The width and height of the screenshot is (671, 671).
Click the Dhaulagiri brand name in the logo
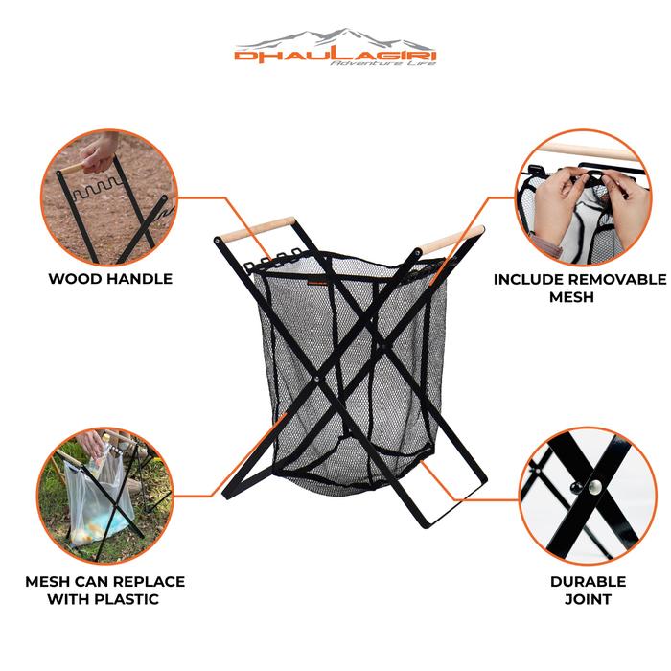335,56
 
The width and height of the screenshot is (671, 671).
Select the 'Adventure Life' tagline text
383,63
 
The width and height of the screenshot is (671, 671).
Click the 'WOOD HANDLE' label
110,279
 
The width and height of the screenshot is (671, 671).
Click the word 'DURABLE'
588,582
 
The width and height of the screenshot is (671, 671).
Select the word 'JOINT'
588,599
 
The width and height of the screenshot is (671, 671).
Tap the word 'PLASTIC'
127,599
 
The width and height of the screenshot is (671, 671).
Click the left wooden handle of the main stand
257,230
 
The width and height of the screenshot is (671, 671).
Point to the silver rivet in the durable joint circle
594,486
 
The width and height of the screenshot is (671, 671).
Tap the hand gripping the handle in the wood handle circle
100,151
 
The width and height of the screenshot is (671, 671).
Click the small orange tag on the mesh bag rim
316,283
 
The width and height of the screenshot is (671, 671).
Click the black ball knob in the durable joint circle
576,487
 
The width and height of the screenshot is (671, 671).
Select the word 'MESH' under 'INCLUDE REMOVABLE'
571,297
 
